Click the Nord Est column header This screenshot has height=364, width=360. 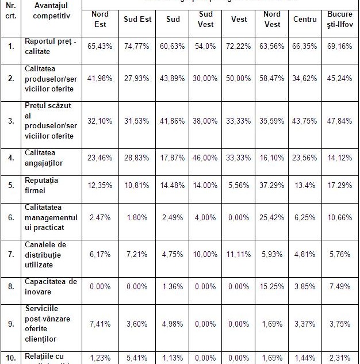click(99, 19)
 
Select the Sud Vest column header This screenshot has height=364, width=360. click(205, 19)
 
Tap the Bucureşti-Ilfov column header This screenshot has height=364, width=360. click(340, 19)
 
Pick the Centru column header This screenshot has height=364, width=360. click(305, 19)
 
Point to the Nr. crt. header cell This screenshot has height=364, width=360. click(11, 10)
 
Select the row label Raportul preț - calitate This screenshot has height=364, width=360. click(50, 45)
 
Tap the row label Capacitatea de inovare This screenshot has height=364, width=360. click(51, 286)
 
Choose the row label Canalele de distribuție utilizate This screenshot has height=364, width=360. click(45, 255)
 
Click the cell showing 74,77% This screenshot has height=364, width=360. click(137, 46)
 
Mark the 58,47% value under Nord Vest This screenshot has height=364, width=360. click(272, 78)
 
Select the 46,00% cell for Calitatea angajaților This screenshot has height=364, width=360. click(205, 157)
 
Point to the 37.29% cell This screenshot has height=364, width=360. click(272, 186)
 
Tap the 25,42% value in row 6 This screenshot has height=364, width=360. click(272, 219)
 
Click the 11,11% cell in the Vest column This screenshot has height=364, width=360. click(239, 254)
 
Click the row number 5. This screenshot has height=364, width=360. click(11, 186)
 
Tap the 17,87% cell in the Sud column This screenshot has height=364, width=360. click(173, 157)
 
